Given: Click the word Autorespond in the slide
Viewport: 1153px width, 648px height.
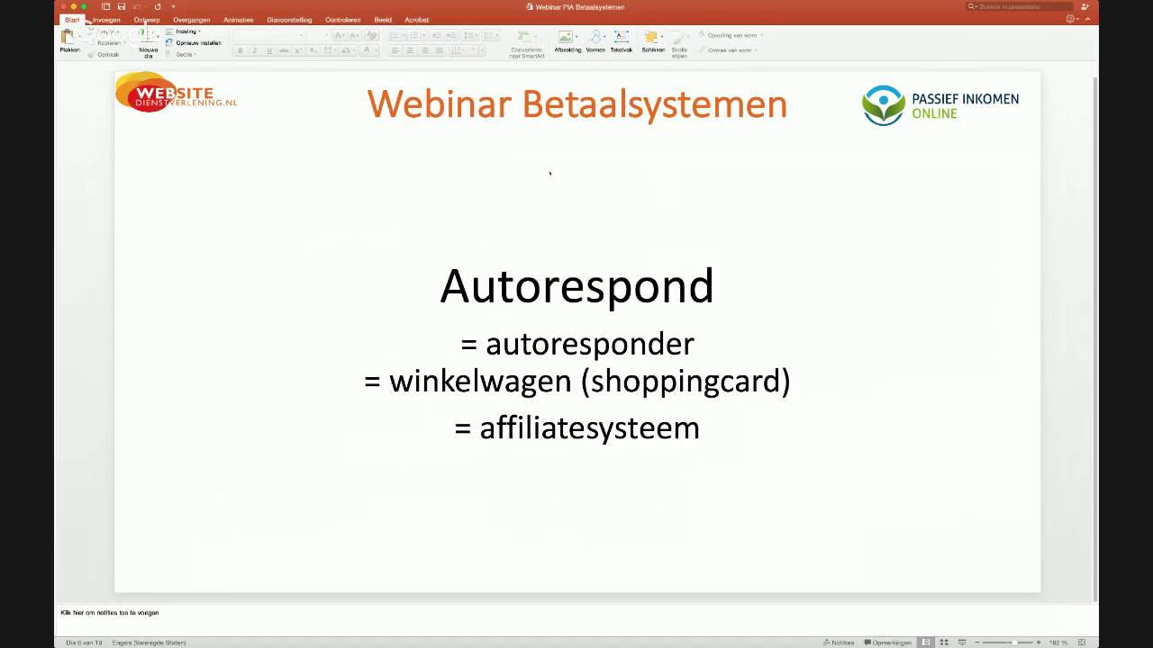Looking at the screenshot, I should click(x=576, y=286).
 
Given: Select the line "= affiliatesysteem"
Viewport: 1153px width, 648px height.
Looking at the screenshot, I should click(x=576, y=427).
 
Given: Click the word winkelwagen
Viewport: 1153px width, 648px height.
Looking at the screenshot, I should click(x=482, y=381).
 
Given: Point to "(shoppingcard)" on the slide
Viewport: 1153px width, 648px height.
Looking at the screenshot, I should click(x=685, y=381).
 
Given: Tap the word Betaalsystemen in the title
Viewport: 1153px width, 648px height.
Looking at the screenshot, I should click(x=655, y=104).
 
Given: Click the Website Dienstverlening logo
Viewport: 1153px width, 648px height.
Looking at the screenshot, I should click(x=176, y=92).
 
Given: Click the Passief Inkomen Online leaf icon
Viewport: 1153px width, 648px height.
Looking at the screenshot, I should click(x=883, y=105).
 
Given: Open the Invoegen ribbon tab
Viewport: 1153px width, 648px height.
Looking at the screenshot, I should click(x=106, y=20).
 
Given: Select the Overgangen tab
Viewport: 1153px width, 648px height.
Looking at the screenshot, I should click(x=192, y=20).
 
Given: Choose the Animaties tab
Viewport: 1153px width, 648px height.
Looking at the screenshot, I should click(x=239, y=20).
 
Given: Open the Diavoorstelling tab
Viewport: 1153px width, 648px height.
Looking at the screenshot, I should click(x=289, y=20).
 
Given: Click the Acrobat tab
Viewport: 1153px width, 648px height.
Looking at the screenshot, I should click(x=416, y=20).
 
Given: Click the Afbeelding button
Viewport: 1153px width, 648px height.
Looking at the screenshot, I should click(x=567, y=40).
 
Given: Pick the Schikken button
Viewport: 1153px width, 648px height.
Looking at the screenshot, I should click(x=652, y=40).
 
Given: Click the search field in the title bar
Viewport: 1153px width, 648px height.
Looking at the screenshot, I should click(x=1022, y=6).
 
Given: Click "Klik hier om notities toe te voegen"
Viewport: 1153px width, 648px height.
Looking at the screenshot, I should click(x=110, y=613).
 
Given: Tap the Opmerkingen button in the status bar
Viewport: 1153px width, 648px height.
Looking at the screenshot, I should click(x=888, y=643).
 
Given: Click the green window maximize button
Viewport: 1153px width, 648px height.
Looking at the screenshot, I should click(x=85, y=6).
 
